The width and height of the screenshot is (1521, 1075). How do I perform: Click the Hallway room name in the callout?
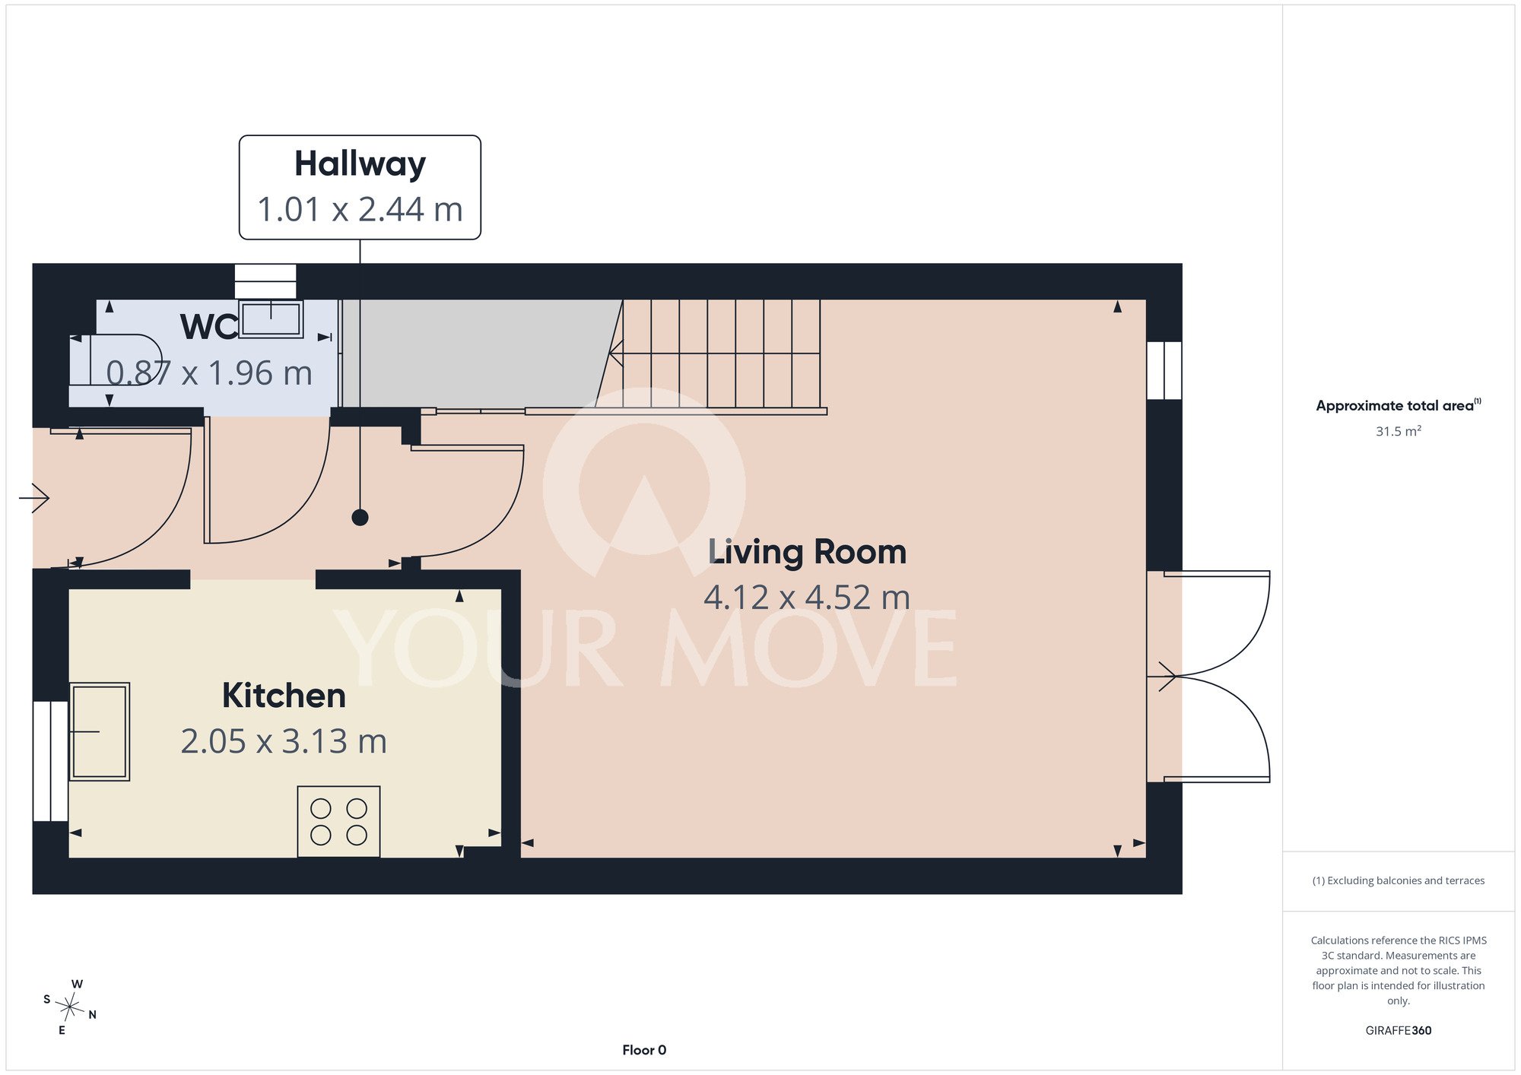[x=360, y=165]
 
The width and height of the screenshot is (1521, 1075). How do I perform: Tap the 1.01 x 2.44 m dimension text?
[x=360, y=210]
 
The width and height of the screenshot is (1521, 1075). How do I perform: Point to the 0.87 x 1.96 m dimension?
[x=209, y=373]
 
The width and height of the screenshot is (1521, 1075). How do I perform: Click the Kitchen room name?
[x=284, y=696]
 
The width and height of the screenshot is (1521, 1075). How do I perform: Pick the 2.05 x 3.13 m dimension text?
[x=284, y=741]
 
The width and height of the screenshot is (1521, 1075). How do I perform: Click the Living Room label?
[x=807, y=552]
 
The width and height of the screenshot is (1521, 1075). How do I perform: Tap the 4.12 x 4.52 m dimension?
[x=807, y=598]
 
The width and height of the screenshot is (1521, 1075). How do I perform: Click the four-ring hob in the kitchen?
[x=338, y=822]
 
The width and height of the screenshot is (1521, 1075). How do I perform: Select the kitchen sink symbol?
[x=100, y=731]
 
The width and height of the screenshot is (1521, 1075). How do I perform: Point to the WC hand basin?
[x=271, y=319]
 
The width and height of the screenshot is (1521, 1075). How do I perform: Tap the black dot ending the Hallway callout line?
[x=360, y=518]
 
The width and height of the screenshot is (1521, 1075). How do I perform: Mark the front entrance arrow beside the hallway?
[x=34, y=498]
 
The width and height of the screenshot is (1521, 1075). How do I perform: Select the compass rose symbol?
[x=69, y=1007]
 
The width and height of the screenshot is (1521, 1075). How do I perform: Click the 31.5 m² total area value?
[x=1399, y=431]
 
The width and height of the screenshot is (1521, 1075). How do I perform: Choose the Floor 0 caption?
[x=644, y=1050]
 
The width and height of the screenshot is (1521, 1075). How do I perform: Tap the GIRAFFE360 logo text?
[x=1399, y=1031]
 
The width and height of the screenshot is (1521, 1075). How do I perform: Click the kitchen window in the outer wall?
[x=51, y=761]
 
